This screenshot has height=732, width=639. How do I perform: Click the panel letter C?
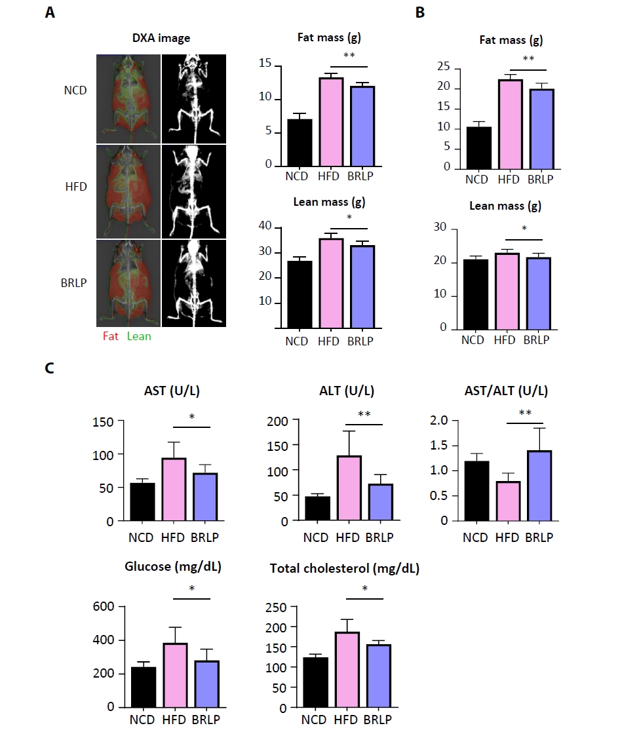coord(48,368)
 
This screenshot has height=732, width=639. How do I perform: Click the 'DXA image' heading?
coord(161,39)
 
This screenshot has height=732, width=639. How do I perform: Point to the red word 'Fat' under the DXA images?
coord(111,336)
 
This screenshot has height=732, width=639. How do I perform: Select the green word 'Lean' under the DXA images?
coord(138,336)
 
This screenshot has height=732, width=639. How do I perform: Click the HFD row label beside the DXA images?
coord(76,187)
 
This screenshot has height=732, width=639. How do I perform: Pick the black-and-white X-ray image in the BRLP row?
coord(193,282)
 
